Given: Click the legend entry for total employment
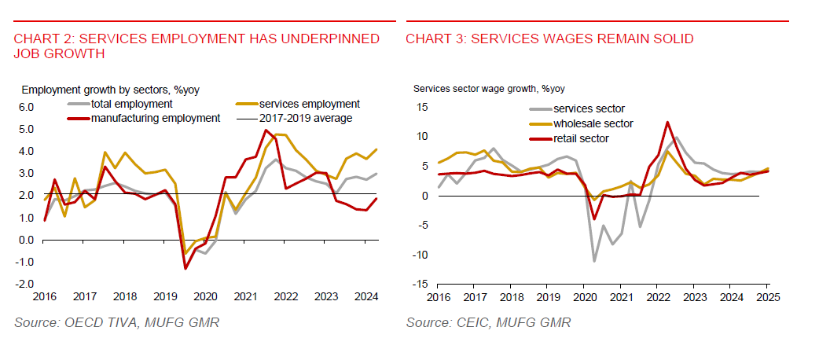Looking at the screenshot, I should (x=131, y=104).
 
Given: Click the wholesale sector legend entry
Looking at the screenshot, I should (x=593, y=123).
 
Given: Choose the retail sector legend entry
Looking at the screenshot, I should (x=581, y=138).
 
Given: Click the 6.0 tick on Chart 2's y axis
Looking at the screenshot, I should (x=26, y=106).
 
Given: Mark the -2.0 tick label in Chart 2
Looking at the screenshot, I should (x=24, y=283).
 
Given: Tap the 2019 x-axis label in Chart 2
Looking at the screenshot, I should (x=164, y=296).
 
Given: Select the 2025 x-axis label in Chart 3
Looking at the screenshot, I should (x=767, y=296).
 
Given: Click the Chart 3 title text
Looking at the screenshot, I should (x=549, y=39).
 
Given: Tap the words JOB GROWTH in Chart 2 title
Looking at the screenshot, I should (x=59, y=53).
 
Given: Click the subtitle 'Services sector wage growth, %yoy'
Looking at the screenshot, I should (x=489, y=89).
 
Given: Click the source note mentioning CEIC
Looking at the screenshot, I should (x=489, y=322).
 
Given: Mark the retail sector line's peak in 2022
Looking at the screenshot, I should (x=667, y=122).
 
